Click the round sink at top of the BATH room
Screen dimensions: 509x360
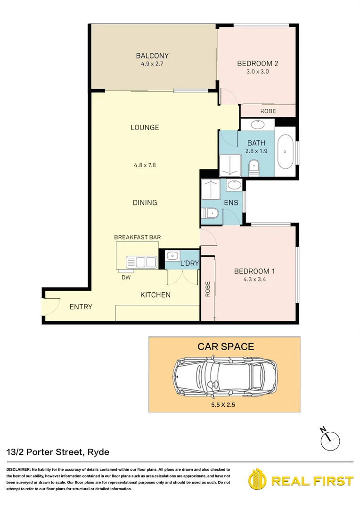click(x=257, y=125)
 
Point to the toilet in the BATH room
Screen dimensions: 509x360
click(x=254, y=166)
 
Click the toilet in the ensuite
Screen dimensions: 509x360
click(x=210, y=214)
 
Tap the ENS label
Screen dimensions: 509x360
click(x=231, y=203)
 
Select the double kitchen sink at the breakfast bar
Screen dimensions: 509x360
click(x=141, y=262)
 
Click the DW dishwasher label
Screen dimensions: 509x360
click(x=126, y=277)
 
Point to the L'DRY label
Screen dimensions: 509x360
click(x=189, y=263)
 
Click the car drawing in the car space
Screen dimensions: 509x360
click(x=224, y=376)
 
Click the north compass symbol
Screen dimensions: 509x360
click(x=329, y=439)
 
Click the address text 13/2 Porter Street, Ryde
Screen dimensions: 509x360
click(x=58, y=452)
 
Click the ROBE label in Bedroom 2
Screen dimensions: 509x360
click(x=268, y=111)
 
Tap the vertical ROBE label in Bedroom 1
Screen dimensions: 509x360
click(x=207, y=288)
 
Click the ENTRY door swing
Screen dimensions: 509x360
click(x=51, y=307)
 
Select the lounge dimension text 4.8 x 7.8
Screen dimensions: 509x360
click(x=145, y=165)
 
